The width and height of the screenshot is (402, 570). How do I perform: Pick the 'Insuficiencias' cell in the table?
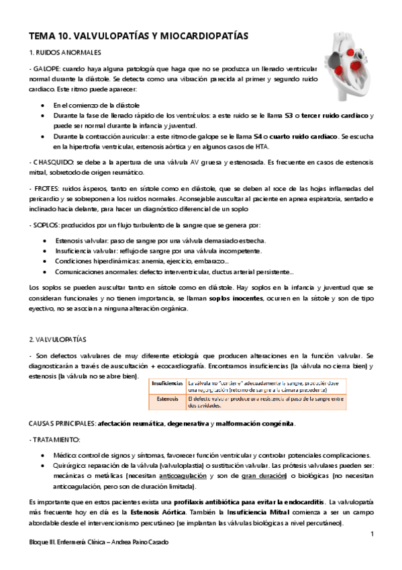click(x=168, y=382)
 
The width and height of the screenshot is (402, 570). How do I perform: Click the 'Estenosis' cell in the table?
click(x=168, y=399)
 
